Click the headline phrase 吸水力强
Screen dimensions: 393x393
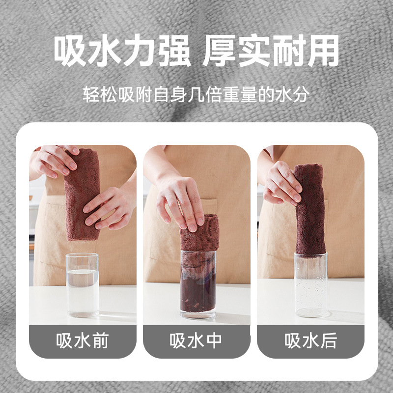[122, 51]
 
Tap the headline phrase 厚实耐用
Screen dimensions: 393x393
[271, 51]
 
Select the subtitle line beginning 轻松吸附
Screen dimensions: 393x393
[196, 94]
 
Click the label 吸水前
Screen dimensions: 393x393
[83, 340]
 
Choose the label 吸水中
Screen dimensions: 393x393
[196, 340]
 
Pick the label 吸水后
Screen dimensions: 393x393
[310, 340]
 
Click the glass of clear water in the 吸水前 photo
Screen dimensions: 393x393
[83, 285]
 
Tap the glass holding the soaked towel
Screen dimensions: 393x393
[198, 284]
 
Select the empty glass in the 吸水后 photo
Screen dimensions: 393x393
[311, 285]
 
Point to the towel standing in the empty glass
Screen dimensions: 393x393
[310, 211]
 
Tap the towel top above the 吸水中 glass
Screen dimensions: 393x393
[200, 232]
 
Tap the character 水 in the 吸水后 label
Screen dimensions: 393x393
[310, 340]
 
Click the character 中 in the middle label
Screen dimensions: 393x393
[214, 340]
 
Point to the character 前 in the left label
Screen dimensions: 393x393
[101, 340]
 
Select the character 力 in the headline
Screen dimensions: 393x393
[140, 51]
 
